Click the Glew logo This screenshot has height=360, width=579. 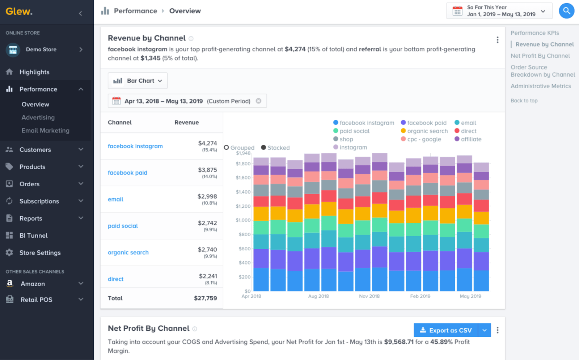(x=19, y=12)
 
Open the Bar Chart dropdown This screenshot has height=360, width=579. (x=138, y=81)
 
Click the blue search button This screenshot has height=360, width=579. (x=566, y=11)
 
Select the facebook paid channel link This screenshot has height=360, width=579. (x=127, y=173)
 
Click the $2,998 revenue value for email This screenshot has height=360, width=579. (x=207, y=196)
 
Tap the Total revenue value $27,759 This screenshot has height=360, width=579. (x=205, y=298)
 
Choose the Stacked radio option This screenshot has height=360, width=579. (x=264, y=148)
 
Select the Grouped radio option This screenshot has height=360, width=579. (x=227, y=148)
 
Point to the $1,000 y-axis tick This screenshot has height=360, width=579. (x=243, y=220)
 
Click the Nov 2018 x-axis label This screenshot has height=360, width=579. (x=369, y=296)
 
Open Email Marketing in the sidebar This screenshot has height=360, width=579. (x=45, y=131)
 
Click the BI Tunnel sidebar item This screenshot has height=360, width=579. (x=33, y=236)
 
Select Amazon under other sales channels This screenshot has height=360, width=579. (x=33, y=284)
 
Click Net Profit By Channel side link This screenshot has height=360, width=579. (x=540, y=56)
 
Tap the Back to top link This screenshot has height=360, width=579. (x=524, y=101)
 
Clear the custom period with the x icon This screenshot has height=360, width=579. (x=258, y=101)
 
